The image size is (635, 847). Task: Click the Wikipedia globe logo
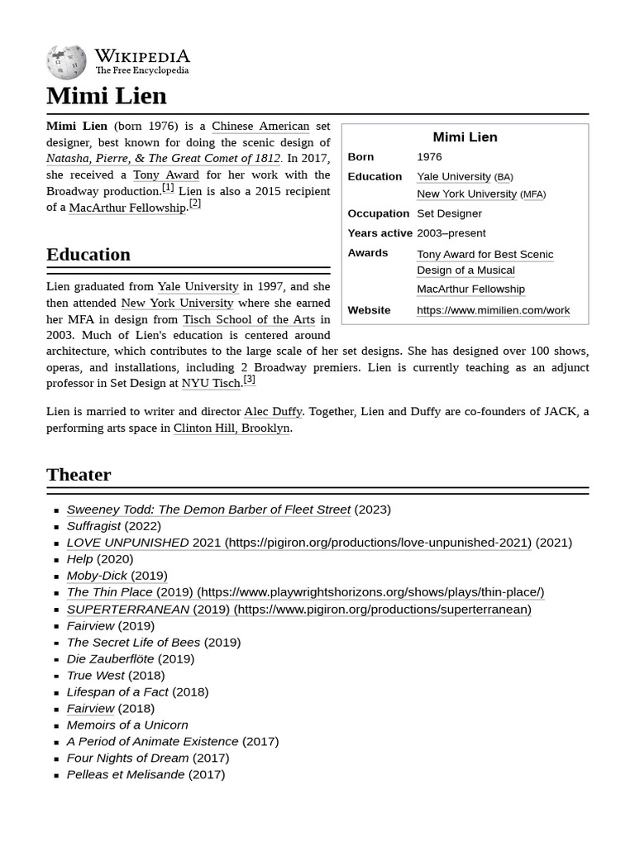pos(66,62)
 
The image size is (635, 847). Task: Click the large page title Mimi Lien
pos(107,96)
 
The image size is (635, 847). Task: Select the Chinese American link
pos(260,127)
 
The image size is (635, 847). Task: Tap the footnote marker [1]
pos(168,188)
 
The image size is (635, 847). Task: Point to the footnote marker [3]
pos(249,380)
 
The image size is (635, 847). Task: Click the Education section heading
pos(88,254)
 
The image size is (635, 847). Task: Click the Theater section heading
pos(79,474)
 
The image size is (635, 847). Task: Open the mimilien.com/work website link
pos(493,310)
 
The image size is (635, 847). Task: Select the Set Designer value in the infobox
pos(449,213)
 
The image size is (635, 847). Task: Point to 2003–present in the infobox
pos(451,233)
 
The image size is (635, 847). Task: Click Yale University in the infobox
pos(453,176)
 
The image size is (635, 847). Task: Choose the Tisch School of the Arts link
pos(249,319)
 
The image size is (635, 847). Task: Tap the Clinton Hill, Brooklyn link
pos(232,428)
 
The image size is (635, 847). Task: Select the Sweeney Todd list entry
pos(208,510)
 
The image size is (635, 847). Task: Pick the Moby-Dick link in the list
pos(97,576)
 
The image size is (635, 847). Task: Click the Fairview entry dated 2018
pos(90,708)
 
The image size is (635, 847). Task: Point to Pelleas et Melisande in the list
pos(126,774)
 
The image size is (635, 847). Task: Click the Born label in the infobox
pos(360,157)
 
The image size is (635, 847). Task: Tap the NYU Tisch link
pos(210,384)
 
